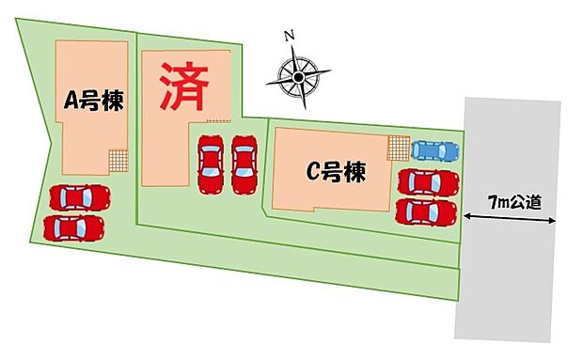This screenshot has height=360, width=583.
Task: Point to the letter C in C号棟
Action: (x=316, y=172)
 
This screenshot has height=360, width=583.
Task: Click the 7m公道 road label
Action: (x=509, y=202)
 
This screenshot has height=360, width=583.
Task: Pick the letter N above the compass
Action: (x=290, y=37)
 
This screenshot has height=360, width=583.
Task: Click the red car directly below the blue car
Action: (x=428, y=180)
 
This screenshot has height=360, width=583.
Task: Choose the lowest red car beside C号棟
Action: (x=427, y=211)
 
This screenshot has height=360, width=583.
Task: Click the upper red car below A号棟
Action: (x=79, y=197)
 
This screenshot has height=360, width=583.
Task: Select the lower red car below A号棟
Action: (x=73, y=227)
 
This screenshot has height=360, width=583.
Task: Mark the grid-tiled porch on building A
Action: (x=118, y=162)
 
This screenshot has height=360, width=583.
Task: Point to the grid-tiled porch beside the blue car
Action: (x=398, y=149)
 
